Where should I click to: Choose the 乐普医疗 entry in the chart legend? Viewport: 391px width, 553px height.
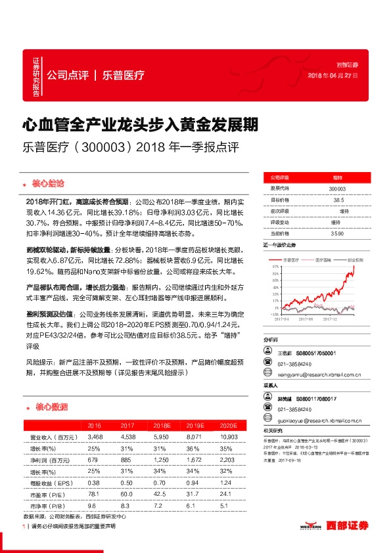(x=292, y=260)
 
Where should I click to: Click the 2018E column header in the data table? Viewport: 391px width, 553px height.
(x=160, y=426)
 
